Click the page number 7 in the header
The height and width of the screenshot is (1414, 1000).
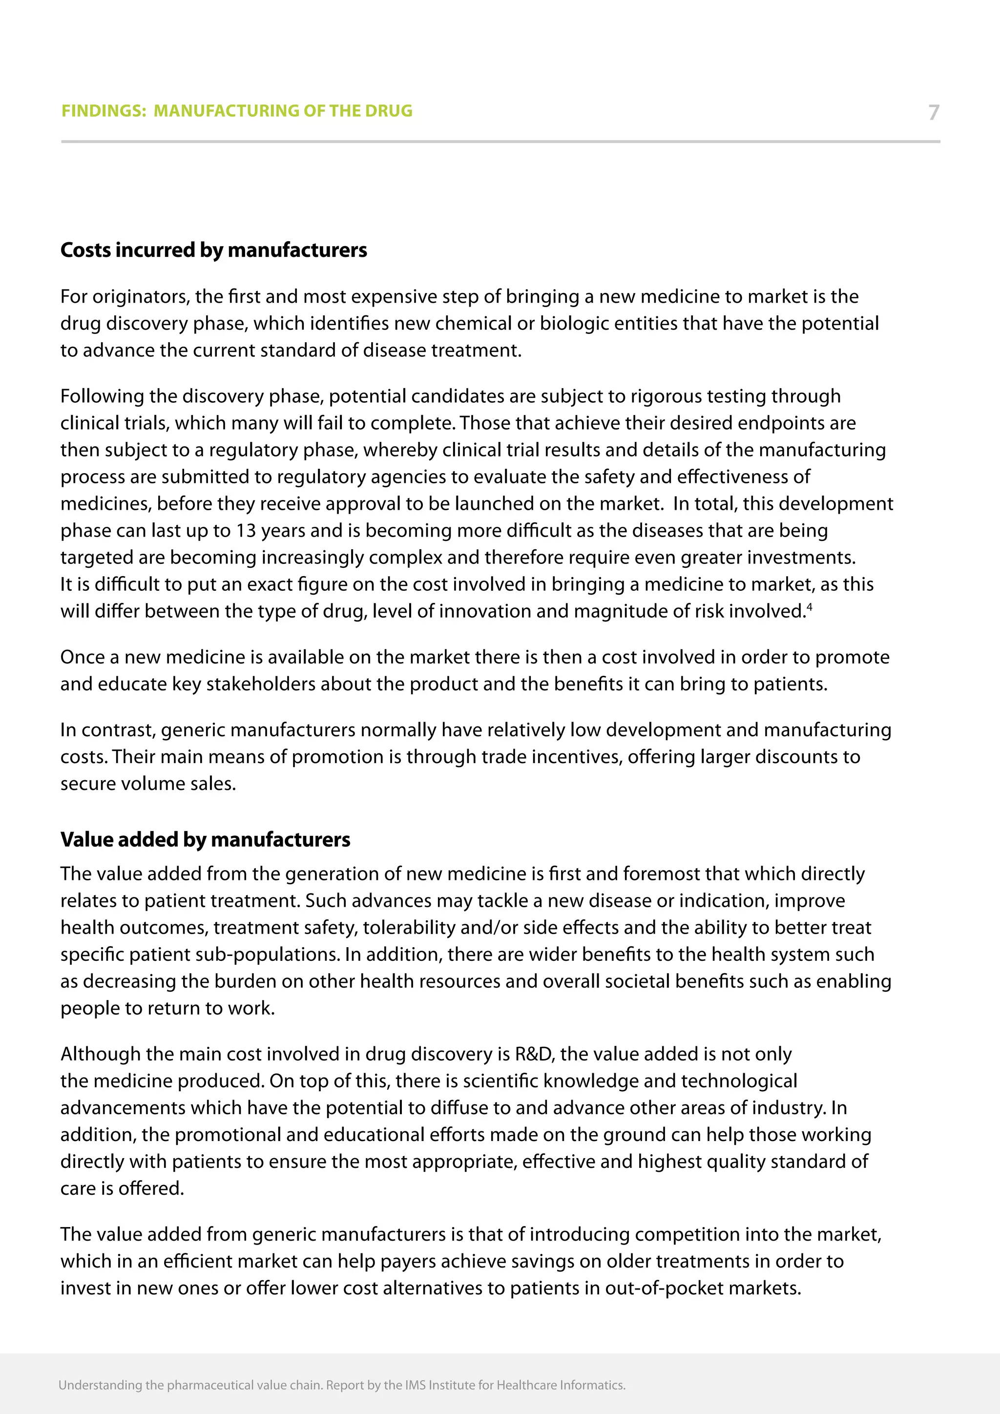tap(934, 112)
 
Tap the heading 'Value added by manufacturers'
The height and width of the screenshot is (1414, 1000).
tap(205, 839)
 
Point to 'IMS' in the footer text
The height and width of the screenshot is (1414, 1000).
tap(415, 1385)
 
